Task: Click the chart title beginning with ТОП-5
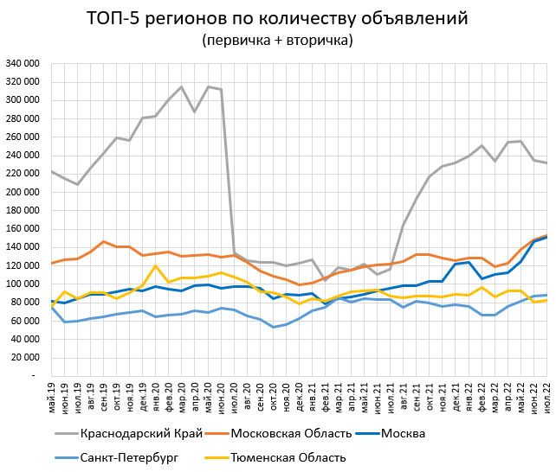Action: coord(277,18)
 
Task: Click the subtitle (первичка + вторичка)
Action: coord(277,40)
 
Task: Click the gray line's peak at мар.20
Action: coord(182,86)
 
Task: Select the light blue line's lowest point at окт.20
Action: coord(273,327)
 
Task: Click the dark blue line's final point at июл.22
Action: coord(546,237)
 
